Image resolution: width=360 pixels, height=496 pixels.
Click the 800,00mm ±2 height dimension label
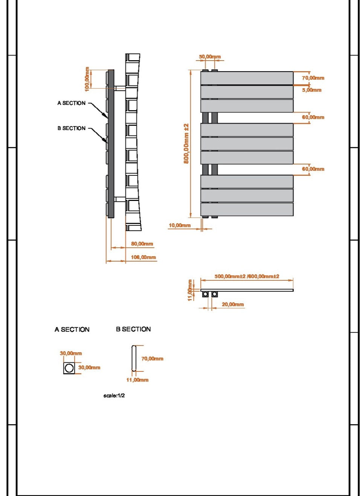pos(186,143)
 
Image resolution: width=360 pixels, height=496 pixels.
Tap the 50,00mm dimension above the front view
pos(210,57)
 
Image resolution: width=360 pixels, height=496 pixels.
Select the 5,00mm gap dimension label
pos(311,90)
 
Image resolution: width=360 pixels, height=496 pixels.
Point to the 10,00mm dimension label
pos(180,225)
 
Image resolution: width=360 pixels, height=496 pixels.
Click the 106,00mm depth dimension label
pos(143,257)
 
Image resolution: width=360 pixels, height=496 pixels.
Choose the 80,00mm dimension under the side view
pos(142,244)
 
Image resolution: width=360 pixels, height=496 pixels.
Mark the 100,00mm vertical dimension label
pos(87,79)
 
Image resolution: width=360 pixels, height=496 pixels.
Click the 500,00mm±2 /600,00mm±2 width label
pos(247,276)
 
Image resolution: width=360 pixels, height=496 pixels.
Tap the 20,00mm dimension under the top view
pos(233,304)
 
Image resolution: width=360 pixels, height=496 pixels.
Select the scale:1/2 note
pos(114,396)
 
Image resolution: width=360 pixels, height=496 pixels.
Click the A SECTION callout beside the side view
pos(72,103)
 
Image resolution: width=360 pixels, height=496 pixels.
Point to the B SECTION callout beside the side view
pos(72,128)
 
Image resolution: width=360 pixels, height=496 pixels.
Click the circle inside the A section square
pos(69,368)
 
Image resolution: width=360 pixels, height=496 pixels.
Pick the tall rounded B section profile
pos(134,358)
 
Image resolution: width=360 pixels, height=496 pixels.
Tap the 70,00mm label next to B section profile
pos(152,359)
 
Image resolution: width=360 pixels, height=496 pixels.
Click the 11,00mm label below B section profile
pos(137,380)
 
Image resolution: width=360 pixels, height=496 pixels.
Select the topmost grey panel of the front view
pos(247,78)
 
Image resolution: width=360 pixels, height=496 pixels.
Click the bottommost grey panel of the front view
pos(247,209)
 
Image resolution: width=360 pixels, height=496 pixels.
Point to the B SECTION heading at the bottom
pos(133,329)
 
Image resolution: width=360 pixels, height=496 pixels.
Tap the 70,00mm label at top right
pos(313,78)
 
